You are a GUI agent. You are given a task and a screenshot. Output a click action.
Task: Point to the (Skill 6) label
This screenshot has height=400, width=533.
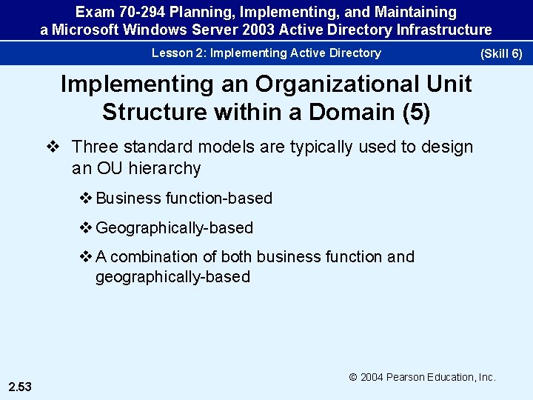pyautogui.click(x=501, y=54)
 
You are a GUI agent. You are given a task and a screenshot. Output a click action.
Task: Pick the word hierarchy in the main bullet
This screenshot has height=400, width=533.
pyautogui.click(x=166, y=168)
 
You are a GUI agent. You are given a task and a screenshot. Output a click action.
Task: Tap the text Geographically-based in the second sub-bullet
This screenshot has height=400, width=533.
pyautogui.click(x=175, y=228)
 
